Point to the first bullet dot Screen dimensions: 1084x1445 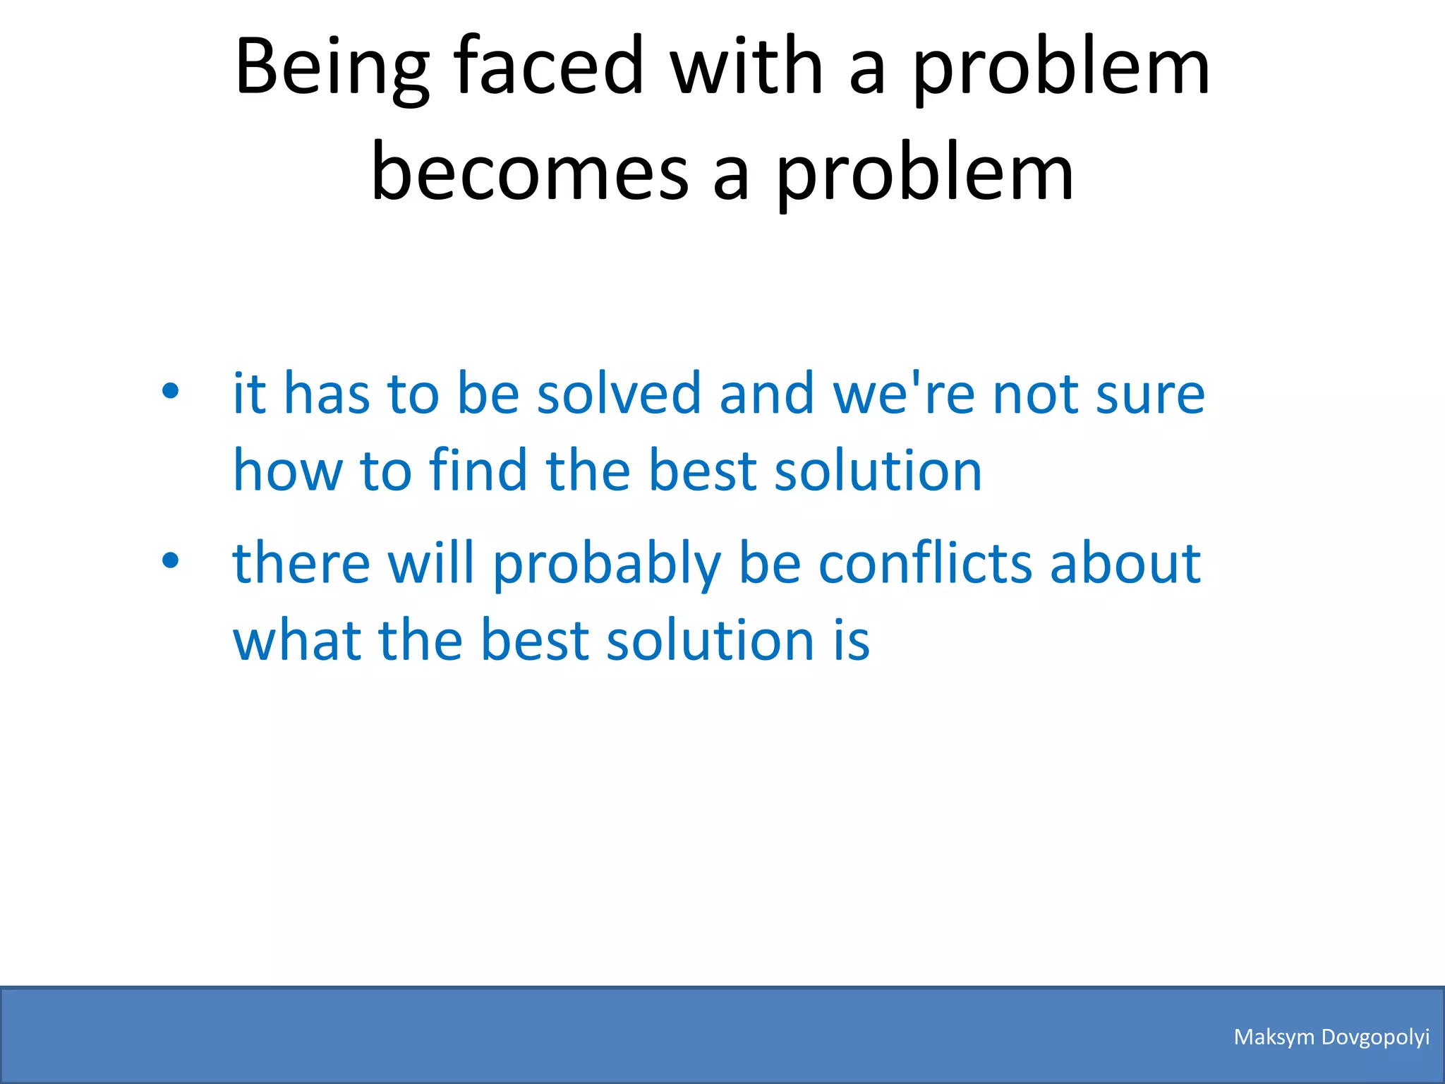pyautogui.click(x=170, y=390)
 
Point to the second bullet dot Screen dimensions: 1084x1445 pyautogui.click(x=170, y=560)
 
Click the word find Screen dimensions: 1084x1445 pyautogui.click(x=478, y=470)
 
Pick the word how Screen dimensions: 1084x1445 pyautogui.click(x=288, y=470)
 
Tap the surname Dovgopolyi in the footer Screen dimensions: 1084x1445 pyautogui.click(x=1375, y=1037)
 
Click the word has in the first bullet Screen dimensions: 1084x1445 pyautogui.click(x=327, y=393)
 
